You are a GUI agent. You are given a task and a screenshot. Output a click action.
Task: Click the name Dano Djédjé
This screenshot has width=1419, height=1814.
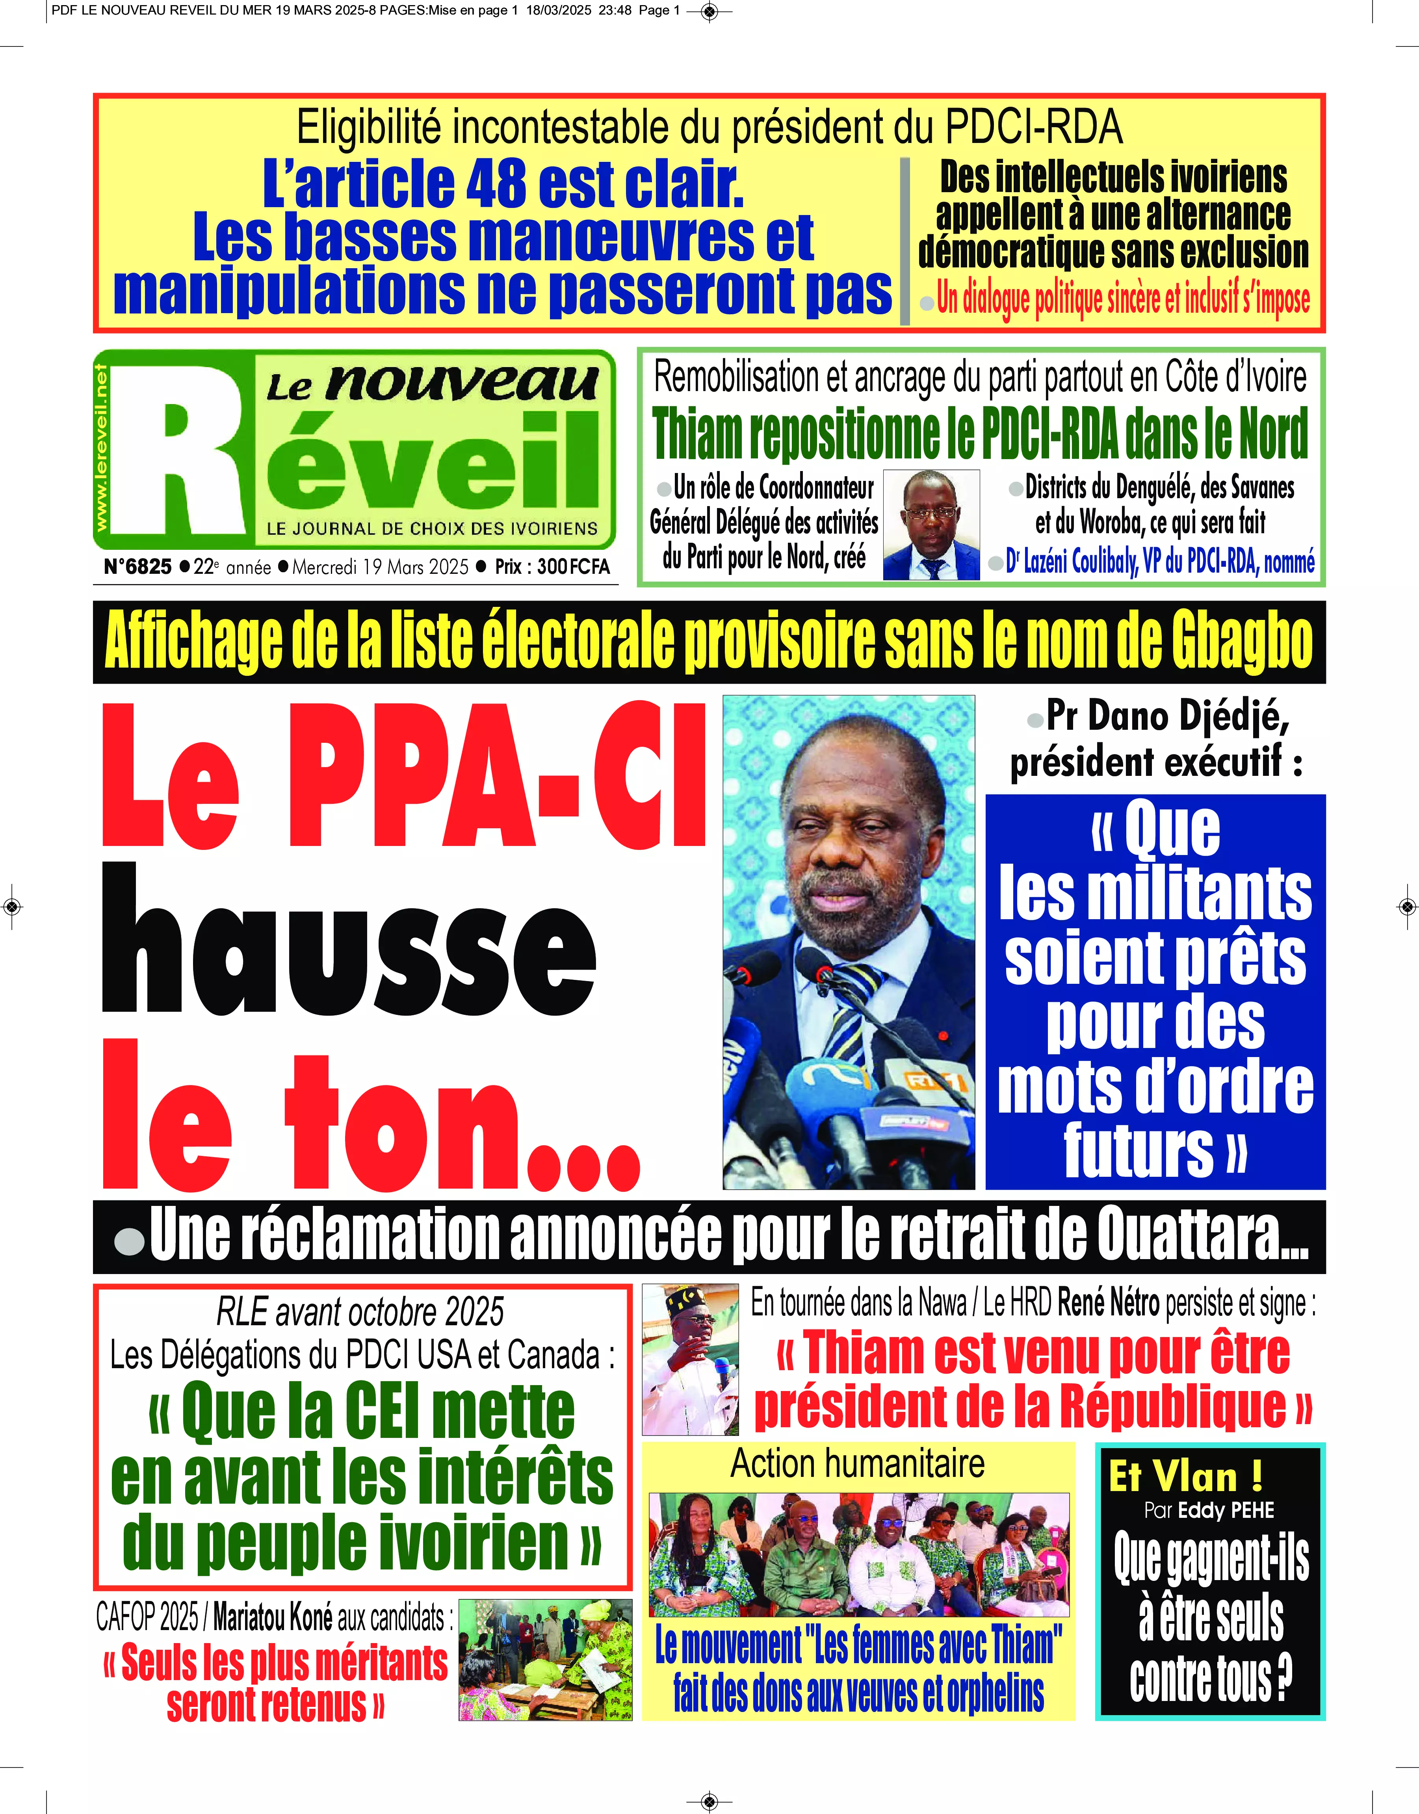pos(1167,716)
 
